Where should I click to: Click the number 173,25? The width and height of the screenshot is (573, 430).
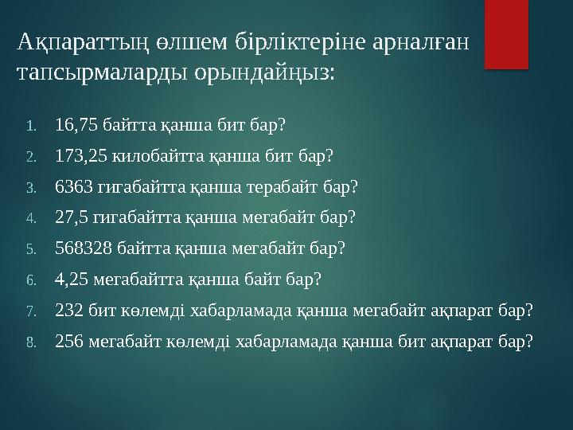point(81,156)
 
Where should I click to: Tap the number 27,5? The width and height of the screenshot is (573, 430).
point(72,217)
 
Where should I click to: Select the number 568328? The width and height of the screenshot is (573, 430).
point(84,248)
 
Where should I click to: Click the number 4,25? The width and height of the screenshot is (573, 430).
point(72,279)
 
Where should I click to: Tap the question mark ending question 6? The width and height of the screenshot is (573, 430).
point(318,279)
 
